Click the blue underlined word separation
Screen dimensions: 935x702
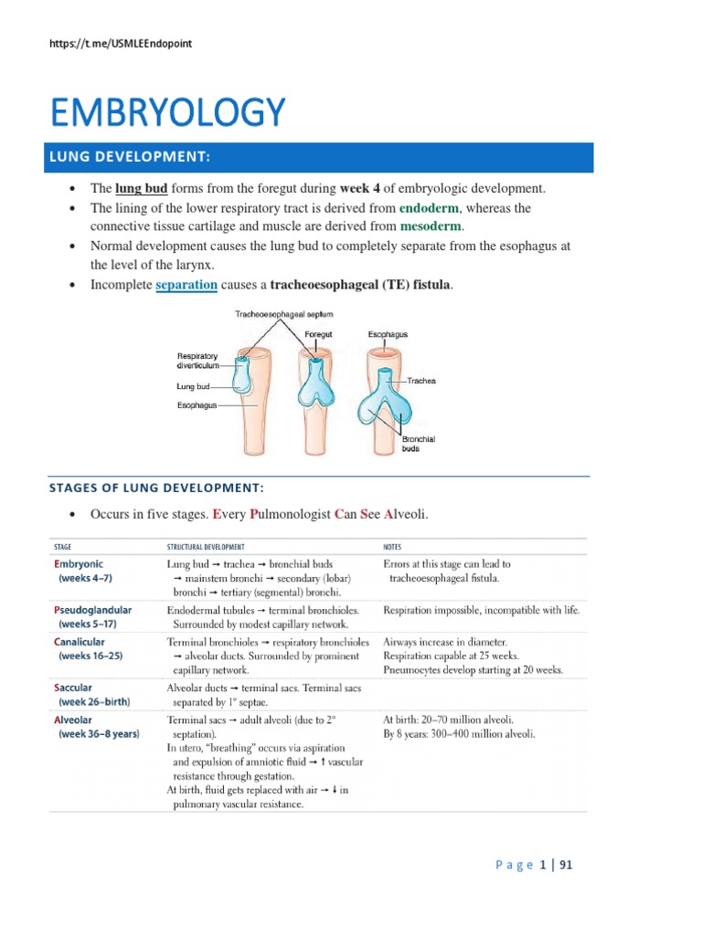[186, 285]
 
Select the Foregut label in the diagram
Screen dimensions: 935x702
[318, 335]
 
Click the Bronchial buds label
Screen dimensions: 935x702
[419, 445]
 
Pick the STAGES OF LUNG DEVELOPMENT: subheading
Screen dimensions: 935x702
[155, 488]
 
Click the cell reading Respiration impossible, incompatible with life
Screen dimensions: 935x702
[481, 610]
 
